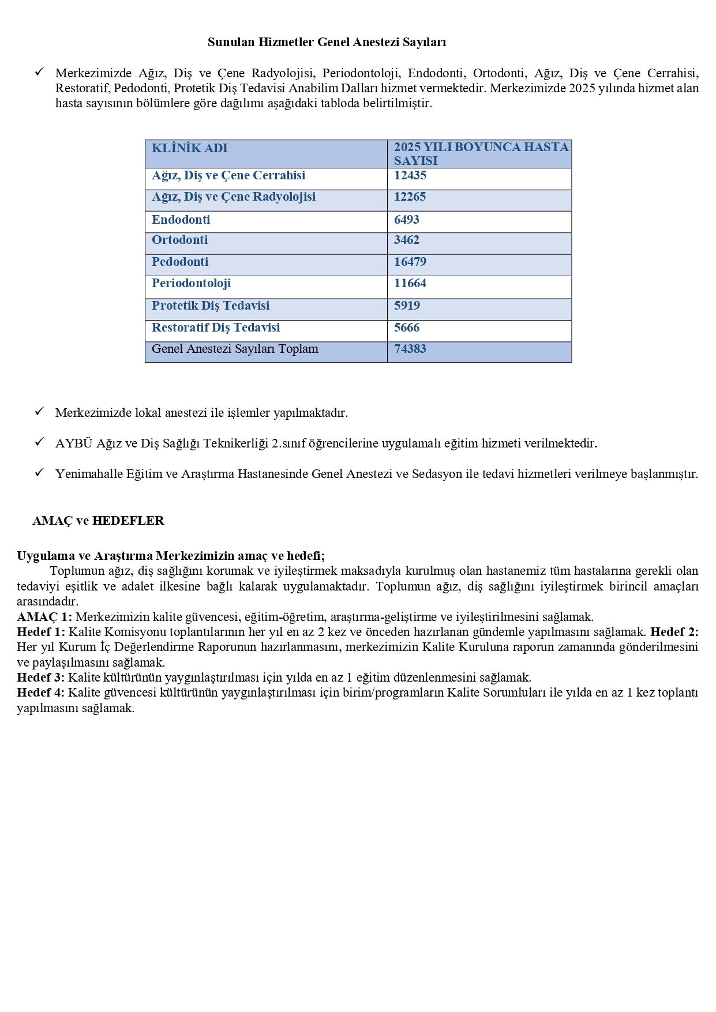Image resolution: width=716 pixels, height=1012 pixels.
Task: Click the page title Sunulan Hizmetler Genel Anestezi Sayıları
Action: [327, 42]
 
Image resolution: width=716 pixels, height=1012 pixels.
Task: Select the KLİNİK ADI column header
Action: [189, 148]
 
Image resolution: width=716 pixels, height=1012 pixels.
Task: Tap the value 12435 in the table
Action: [410, 175]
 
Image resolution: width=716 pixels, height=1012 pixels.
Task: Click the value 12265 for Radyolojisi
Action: [410, 197]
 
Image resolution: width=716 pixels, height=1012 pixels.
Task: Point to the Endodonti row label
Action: [181, 220]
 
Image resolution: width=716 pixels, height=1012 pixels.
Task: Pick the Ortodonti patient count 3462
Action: [406, 240]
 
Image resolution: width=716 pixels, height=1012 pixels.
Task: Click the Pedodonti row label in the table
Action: [180, 262]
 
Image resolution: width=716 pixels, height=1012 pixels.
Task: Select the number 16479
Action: [410, 262]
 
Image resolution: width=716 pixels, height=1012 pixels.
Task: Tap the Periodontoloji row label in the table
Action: [191, 283]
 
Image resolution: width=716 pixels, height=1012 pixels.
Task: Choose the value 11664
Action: [410, 283]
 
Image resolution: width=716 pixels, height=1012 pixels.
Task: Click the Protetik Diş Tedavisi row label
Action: [211, 306]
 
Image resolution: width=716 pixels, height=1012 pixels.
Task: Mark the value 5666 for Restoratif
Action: [406, 328]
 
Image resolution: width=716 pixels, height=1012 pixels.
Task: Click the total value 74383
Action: [410, 349]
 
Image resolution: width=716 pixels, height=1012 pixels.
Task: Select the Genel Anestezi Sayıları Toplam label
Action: [235, 349]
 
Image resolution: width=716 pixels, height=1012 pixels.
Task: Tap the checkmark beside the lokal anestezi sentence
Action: [39, 411]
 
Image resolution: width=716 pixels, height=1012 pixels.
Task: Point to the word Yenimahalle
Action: [87, 474]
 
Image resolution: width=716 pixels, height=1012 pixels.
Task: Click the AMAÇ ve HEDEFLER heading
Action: [98, 521]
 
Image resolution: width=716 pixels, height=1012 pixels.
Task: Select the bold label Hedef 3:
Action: [41, 678]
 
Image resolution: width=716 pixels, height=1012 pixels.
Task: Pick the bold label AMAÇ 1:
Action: [44, 616]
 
